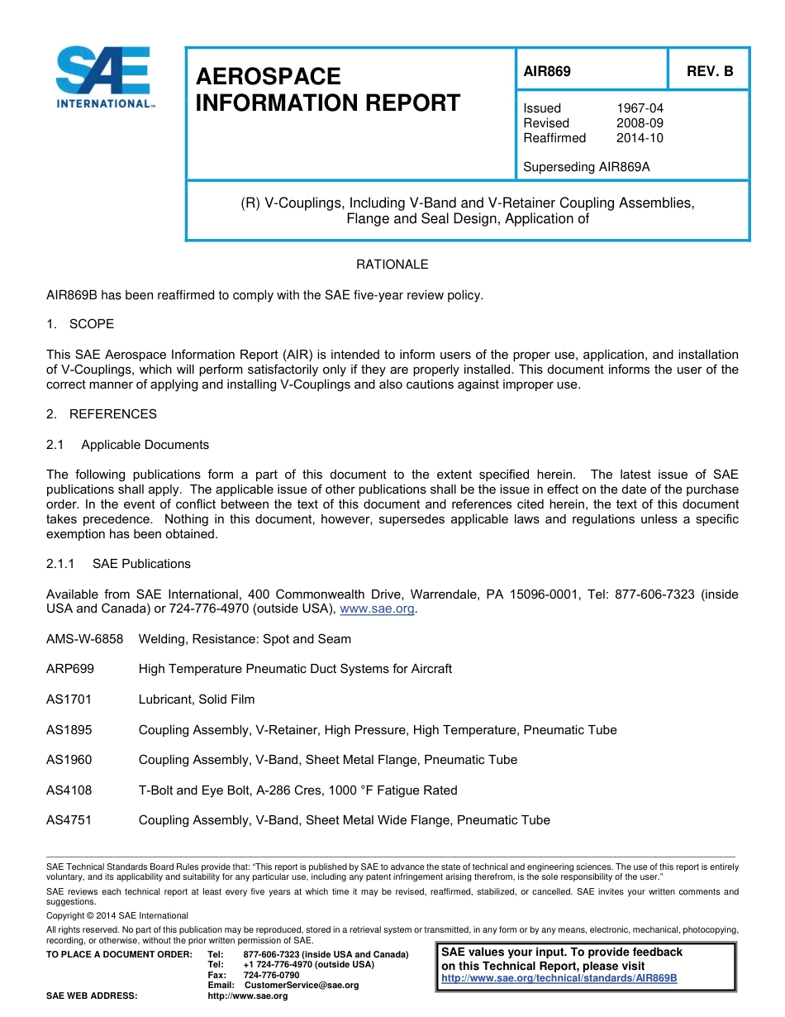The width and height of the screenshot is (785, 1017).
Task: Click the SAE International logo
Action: pyautogui.click(x=103, y=78)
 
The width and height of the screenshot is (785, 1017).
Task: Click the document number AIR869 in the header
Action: pyautogui.click(x=547, y=71)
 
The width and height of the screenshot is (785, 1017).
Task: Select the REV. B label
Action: pyautogui.click(x=710, y=71)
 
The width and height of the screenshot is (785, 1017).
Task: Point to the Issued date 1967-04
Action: pyautogui.click(x=640, y=108)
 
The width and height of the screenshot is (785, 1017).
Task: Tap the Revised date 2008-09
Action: pyautogui.click(x=640, y=123)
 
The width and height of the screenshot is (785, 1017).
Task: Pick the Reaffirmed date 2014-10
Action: pyautogui.click(x=640, y=138)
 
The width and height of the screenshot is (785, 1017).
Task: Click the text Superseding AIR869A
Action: pyautogui.click(x=587, y=167)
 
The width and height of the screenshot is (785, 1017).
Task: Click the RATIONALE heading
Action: pyautogui.click(x=392, y=265)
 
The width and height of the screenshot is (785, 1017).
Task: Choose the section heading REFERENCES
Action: pyautogui.click(x=112, y=414)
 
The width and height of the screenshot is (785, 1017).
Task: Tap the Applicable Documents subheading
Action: pyautogui.click(x=145, y=445)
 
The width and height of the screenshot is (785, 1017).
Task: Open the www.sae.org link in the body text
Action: pyautogui.click(x=378, y=609)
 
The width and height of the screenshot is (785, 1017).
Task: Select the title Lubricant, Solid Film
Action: pyautogui.click(x=197, y=699)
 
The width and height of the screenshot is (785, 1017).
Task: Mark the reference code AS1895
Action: pyautogui.click(x=69, y=730)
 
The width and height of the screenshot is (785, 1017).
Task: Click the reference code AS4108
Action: pyautogui.click(x=69, y=790)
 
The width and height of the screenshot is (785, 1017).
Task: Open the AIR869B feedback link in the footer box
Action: pyautogui.click(x=559, y=978)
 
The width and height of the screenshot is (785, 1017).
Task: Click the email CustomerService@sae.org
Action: pyautogui.click(x=302, y=986)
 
